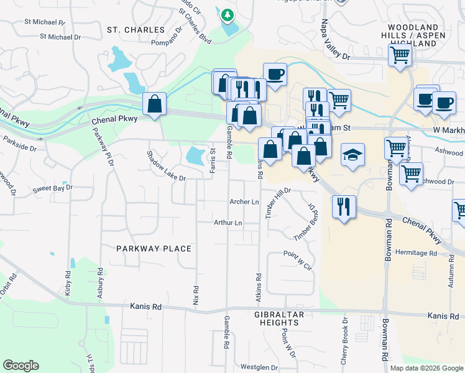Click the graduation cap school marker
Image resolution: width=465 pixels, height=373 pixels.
coord(352,155)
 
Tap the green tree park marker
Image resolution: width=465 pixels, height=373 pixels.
coord(228,14)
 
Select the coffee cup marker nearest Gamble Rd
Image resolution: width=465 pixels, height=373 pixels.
coord(275,74)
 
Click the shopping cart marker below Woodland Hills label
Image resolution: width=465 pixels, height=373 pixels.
coord(400,55)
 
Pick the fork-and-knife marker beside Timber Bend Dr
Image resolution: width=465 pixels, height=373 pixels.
coord(344,206)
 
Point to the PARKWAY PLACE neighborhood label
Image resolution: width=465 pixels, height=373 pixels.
coord(154,249)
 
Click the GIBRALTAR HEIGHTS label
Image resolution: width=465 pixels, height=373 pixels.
coord(280,319)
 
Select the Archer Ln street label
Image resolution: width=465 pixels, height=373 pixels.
coord(244,202)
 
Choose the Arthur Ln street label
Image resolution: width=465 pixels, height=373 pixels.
coord(228,223)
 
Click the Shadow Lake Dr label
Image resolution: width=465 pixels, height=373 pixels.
coord(167,166)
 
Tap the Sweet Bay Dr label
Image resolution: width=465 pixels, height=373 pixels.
coord(53,187)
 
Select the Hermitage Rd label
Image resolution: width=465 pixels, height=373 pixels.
coord(416,253)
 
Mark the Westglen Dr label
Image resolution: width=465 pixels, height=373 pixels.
coord(259,367)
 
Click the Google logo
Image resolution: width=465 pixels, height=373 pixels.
coord(21,366)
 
